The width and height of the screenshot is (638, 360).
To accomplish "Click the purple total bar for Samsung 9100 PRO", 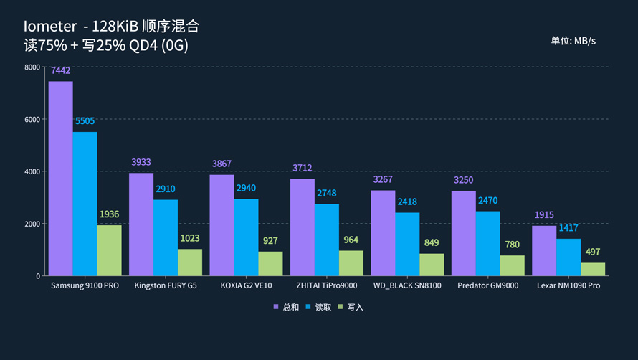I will tap(61, 179).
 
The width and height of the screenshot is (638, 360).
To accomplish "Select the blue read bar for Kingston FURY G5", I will tap(166, 237).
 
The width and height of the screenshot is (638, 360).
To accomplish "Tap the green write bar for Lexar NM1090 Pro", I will tap(593, 269).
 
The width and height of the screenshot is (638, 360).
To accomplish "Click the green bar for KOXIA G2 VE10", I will tap(270, 263).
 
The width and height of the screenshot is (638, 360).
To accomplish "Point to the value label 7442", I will tap(60, 71).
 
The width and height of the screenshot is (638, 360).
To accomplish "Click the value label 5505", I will tap(85, 121).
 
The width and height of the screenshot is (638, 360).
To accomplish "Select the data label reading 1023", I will tap(190, 238).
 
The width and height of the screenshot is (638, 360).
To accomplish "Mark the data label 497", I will tap(593, 252).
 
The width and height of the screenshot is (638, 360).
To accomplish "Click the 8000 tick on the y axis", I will tap(32, 67).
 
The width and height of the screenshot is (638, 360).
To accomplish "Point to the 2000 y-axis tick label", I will tap(32, 224).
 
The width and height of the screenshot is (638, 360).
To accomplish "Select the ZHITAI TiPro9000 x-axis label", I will tap(327, 285).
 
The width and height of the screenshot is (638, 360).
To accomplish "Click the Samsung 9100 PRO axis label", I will tap(85, 285).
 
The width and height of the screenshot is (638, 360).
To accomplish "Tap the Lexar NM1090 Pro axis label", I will tap(568, 285).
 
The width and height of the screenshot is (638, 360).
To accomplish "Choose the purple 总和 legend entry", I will tap(286, 307).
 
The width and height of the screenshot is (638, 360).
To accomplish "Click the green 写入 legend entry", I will tap(351, 307).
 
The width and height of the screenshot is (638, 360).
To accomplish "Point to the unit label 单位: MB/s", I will tap(573, 41).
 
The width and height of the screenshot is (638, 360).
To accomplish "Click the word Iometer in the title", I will tap(49, 27).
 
